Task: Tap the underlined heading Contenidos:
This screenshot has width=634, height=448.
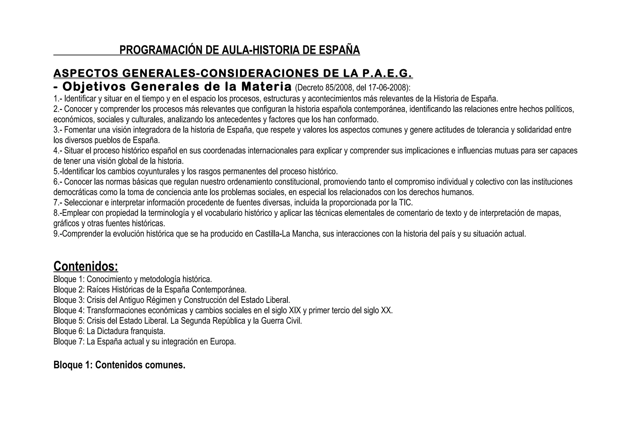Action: (x=86, y=266)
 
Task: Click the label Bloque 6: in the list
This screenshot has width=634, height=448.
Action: (x=69, y=331)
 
